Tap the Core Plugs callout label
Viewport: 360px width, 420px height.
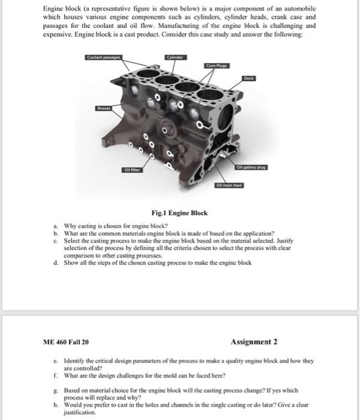coord(217,65)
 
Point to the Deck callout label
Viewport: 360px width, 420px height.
coord(248,78)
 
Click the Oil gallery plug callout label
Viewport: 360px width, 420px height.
coord(251,166)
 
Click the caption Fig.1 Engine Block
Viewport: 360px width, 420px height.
coord(179,213)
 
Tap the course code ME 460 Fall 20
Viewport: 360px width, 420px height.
coord(66,342)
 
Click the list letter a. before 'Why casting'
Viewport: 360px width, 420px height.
coord(55,226)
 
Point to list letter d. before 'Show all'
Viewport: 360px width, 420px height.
coord(55,262)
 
